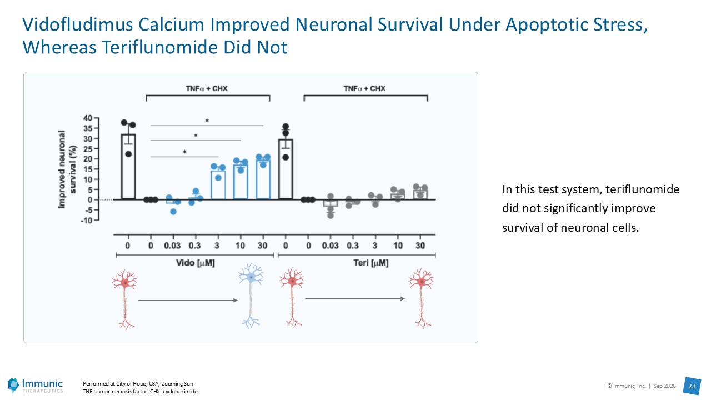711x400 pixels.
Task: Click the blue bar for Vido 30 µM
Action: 263,179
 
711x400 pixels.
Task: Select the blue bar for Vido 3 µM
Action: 218,185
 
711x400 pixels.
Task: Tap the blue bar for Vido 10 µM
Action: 241,182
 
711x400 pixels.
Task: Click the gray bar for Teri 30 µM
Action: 420,195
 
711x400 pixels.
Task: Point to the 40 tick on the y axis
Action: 88,118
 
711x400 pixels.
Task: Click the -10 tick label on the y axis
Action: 86,221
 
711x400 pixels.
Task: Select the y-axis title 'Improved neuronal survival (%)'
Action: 67,169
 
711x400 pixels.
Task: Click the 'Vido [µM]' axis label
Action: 195,263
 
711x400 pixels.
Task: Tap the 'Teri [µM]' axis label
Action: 371,263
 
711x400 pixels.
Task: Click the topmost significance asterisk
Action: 207,121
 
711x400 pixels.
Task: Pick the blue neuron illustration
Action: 251,295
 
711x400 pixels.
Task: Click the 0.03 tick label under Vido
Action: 172,246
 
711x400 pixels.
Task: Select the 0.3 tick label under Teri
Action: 353,246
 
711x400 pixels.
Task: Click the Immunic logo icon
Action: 13,385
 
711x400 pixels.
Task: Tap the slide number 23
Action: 692,386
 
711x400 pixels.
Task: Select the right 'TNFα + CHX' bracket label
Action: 364,88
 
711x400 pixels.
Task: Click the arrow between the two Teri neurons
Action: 355,298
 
